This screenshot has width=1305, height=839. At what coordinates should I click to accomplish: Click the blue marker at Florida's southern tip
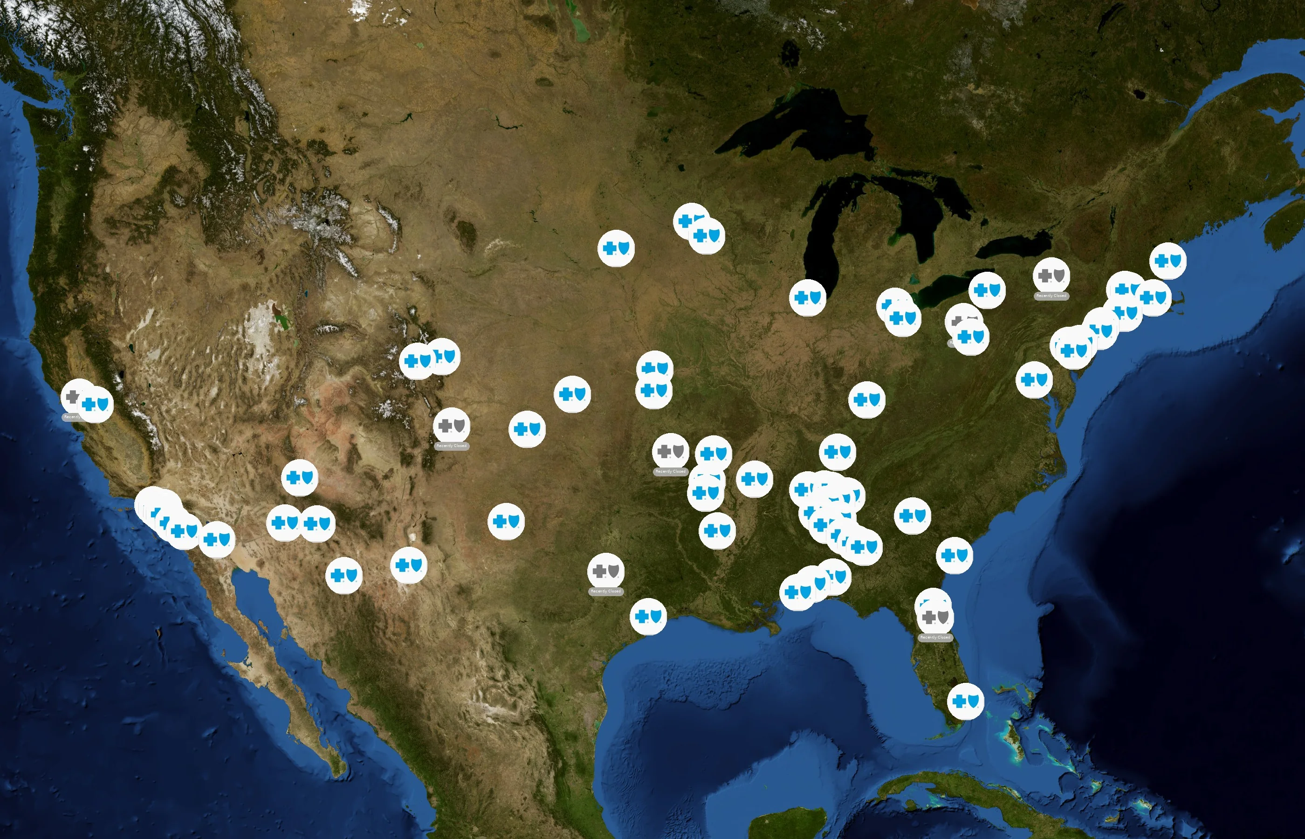(x=966, y=701)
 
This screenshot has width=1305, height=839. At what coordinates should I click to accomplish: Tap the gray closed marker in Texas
(x=605, y=571)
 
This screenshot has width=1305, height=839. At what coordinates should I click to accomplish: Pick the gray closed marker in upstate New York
(x=1051, y=275)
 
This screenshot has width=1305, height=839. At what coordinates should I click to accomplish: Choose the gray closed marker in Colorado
(x=452, y=426)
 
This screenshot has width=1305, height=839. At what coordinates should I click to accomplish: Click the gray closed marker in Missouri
(x=671, y=451)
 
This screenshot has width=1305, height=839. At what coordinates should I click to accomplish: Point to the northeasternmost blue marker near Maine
(x=1168, y=261)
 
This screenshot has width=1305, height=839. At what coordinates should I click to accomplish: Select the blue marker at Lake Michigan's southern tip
(x=807, y=297)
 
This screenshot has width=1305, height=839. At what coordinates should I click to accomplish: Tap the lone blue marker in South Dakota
(x=616, y=248)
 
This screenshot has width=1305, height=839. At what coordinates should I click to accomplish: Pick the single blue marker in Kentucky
(x=866, y=400)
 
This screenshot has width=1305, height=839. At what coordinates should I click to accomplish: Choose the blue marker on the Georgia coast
(x=954, y=555)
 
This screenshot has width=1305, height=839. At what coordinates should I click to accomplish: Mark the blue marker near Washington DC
(x=1034, y=380)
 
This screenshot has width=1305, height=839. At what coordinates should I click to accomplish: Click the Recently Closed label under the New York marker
(x=1051, y=296)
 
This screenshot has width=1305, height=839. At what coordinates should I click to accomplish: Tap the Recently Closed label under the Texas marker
(x=605, y=591)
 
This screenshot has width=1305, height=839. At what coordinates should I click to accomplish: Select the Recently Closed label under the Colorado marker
(x=452, y=446)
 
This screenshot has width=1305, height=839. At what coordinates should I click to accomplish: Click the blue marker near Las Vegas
(x=299, y=478)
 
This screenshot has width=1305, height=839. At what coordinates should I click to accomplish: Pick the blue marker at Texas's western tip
(x=408, y=565)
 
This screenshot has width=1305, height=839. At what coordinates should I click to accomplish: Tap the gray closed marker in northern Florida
(x=935, y=617)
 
